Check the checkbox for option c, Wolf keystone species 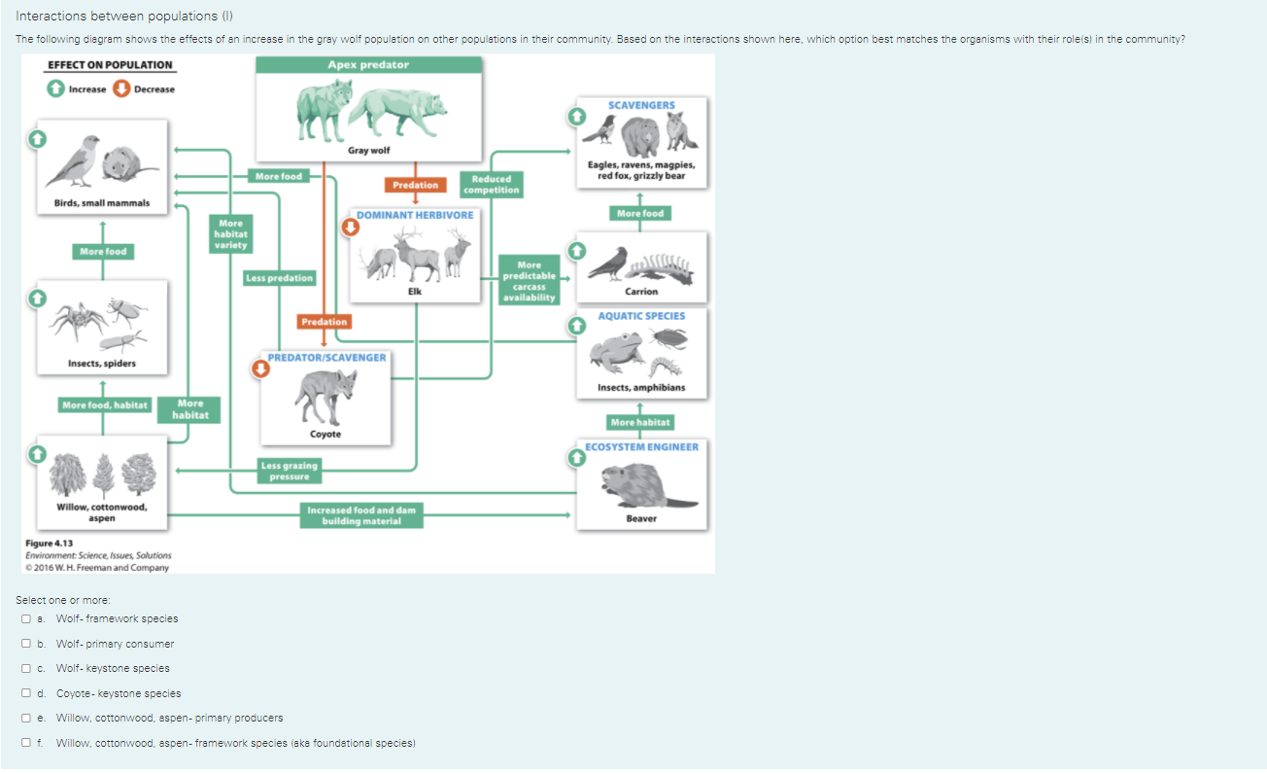coord(26,668)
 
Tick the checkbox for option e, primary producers coord(26,718)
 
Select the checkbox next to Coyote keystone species coord(26,693)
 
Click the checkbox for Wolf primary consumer coord(26,643)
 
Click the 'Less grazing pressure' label coord(290,471)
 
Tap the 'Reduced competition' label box coord(491,185)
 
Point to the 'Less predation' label coord(280,278)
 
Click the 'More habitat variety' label coord(231,233)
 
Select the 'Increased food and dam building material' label coord(361,515)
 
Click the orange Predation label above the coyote coord(325,322)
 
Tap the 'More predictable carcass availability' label coord(530,281)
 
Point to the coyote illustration coord(325,397)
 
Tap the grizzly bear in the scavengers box coord(640,137)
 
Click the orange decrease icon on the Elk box coord(351,228)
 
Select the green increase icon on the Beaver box coord(577,457)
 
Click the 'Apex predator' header coord(369,64)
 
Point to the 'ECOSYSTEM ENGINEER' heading coord(641,447)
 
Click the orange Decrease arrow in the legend coord(121,88)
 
